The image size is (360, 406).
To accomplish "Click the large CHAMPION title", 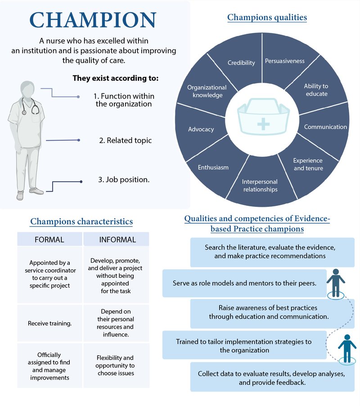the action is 93,20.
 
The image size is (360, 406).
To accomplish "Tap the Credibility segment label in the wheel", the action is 241,62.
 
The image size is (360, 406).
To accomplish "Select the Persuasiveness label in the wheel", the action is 284,61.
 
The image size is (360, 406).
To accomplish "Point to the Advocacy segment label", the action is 201,129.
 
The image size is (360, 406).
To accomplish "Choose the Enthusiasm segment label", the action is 213,167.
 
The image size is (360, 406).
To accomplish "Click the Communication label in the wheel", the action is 325,127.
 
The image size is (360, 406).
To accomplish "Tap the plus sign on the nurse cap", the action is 263,124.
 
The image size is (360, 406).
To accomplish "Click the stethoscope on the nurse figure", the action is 30,106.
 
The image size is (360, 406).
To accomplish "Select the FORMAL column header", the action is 49,239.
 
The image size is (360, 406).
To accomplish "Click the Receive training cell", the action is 49,323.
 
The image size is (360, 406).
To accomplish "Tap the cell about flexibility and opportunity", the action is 116,366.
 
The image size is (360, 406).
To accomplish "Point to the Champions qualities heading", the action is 267,18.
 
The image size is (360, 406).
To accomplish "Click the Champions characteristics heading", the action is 81,222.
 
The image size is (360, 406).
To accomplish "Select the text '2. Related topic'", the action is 125,140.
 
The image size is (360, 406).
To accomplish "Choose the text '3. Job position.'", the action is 124,180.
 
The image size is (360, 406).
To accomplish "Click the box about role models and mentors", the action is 244,283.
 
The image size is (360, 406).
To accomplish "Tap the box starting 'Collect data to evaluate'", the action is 272,377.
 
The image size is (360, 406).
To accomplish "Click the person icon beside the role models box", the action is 336,284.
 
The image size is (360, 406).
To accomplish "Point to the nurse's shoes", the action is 30,193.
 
